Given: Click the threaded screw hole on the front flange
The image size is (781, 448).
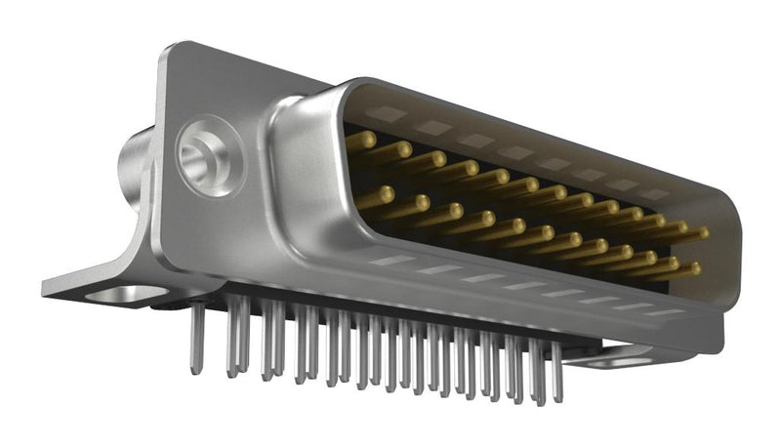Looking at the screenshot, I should (x=208, y=155).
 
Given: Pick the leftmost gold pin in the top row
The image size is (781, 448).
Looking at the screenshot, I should (x=360, y=141).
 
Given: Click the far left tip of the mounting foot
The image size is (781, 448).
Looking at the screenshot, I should (x=46, y=288).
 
